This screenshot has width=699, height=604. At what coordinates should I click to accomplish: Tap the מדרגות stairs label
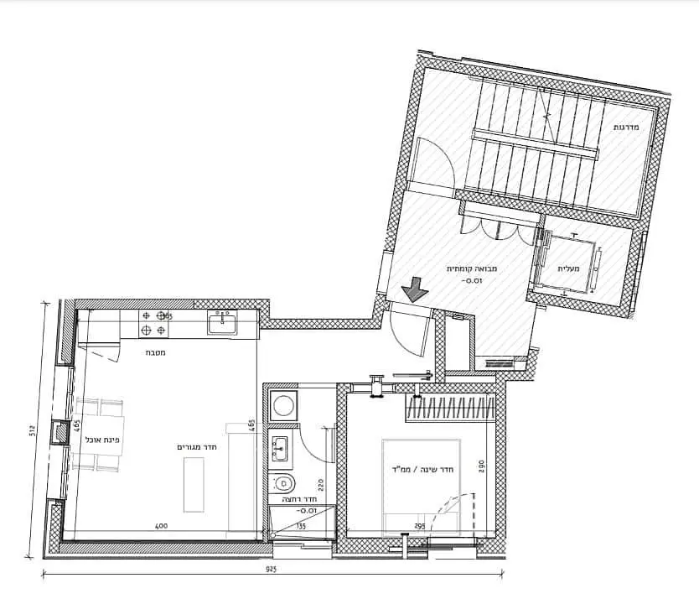click(x=627, y=127)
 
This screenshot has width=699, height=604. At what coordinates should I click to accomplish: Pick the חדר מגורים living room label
click(x=198, y=447)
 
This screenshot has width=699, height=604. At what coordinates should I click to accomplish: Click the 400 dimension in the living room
click(x=162, y=527)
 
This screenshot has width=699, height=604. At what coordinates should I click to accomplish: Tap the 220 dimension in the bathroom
click(x=319, y=483)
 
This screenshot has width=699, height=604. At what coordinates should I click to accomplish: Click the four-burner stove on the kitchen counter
click(x=153, y=323)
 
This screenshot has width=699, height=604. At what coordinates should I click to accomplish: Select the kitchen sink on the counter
click(x=222, y=321)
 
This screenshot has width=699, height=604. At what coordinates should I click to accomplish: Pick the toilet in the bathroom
click(x=283, y=482)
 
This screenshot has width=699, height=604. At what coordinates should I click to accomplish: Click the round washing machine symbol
click(x=284, y=405)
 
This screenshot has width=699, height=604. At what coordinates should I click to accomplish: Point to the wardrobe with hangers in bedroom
click(x=448, y=411)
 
